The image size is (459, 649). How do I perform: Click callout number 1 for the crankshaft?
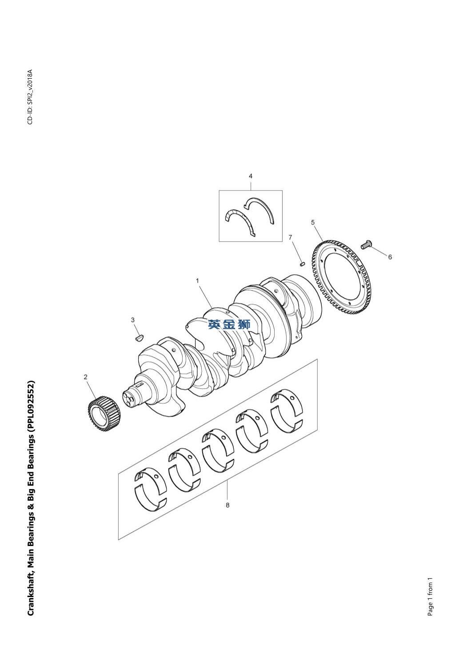tap(197, 280)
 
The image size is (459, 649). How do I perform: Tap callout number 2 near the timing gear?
tap(85, 377)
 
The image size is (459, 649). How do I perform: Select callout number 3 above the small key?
tap(133, 320)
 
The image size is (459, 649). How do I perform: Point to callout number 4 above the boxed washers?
tap(251, 176)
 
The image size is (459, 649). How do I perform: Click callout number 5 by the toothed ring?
tap(313, 222)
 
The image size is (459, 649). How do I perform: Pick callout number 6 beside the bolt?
tap(390, 257)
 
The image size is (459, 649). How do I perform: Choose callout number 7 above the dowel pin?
tap(290, 238)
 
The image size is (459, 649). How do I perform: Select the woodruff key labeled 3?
tap(140, 337)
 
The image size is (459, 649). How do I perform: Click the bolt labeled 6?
tap(366, 244)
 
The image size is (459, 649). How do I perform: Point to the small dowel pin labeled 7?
tap(302, 263)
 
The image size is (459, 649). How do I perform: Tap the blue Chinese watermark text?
tap(229, 324)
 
